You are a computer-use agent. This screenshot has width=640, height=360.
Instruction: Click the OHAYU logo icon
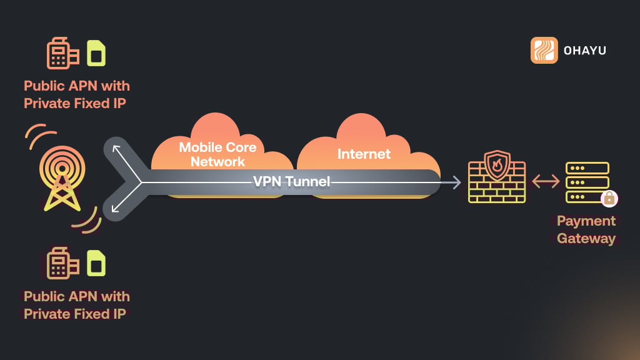pyautogui.click(x=544, y=50)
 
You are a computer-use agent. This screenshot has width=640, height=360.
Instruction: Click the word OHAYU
pyautogui.click(x=584, y=50)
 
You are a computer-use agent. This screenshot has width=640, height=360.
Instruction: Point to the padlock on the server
pyautogui.click(x=608, y=199)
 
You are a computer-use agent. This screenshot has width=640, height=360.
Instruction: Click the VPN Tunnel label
pyautogui.click(x=291, y=182)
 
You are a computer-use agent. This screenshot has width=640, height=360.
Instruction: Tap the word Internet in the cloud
pyautogui.click(x=364, y=154)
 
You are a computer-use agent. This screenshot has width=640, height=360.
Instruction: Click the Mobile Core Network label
pyautogui.click(x=218, y=154)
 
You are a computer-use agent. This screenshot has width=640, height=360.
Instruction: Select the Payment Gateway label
pyautogui.click(x=586, y=229)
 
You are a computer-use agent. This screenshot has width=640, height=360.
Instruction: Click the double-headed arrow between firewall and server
pyautogui.click(x=546, y=182)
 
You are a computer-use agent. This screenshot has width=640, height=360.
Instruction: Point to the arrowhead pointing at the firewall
pyautogui.click(x=457, y=182)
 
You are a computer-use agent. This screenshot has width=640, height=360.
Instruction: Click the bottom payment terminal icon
pyautogui.click(x=62, y=264)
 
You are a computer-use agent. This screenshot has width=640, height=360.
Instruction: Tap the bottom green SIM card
pyautogui.click(x=96, y=264)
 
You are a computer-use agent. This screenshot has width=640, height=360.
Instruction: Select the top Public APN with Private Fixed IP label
pyautogui.click(x=77, y=94)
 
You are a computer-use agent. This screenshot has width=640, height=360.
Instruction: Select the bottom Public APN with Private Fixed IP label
pyautogui.click(x=77, y=305)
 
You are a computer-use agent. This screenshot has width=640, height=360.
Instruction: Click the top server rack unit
pyautogui.click(x=587, y=168)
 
